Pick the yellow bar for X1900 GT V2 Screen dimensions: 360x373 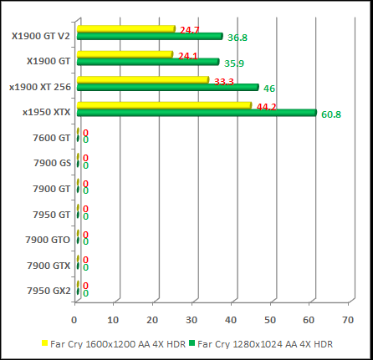point(125,29)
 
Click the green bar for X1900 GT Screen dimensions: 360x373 point(147,62)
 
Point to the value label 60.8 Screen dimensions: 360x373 point(330,114)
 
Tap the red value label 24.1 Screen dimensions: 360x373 point(188,57)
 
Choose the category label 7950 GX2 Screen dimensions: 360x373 point(49,291)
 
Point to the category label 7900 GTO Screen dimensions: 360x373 point(49,240)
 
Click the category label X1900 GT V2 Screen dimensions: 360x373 point(41,36)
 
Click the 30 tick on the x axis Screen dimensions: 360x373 point(192,319)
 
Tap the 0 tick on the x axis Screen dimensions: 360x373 point(75,319)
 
